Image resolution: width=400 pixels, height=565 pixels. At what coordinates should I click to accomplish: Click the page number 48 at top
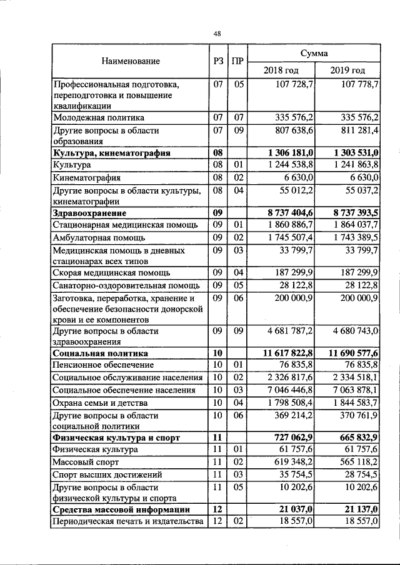pyautogui.click(x=217, y=34)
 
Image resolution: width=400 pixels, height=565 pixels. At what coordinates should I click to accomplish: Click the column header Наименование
pyautogui.click(x=131, y=61)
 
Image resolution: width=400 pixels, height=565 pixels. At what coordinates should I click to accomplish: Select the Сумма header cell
pyautogui.click(x=314, y=54)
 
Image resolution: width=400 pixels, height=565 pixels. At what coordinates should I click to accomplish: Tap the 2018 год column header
pyautogui.click(x=281, y=70)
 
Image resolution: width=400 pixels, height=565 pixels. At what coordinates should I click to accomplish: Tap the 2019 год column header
pyautogui.click(x=347, y=70)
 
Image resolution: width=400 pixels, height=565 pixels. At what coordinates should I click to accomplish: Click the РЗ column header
pyautogui.click(x=217, y=61)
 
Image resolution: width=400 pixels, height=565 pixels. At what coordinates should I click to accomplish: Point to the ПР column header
pyautogui.click(x=237, y=61)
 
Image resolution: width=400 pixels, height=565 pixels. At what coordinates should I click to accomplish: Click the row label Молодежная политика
pyautogui.click(x=99, y=117)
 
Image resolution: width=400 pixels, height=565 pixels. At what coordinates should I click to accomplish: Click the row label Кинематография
pyautogui.click(x=86, y=177)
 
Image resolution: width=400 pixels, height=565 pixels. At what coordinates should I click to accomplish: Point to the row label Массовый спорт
pyautogui.click(x=85, y=463)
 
